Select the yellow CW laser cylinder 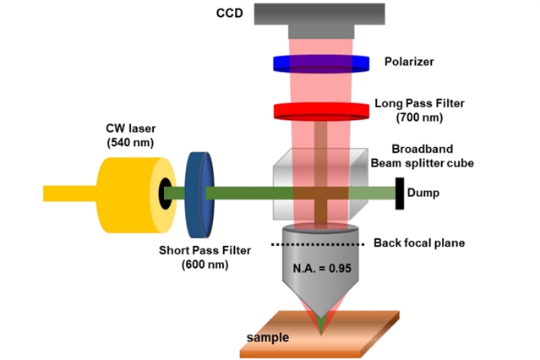(x=127, y=193)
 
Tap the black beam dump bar (x=399, y=193)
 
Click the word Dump (x=423, y=193)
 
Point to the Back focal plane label (x=421, y=243)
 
